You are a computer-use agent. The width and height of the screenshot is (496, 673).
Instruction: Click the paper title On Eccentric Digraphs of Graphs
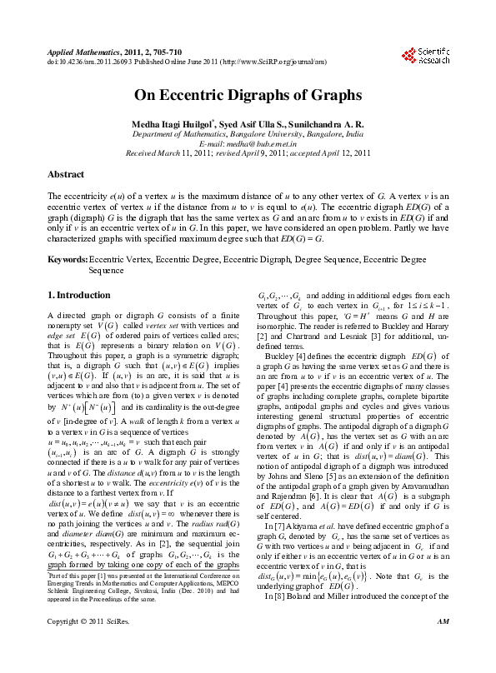click(248, 95)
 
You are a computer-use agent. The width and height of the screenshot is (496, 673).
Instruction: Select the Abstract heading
click(65, 174)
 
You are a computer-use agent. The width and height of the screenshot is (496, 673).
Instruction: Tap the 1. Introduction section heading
click(78, 295)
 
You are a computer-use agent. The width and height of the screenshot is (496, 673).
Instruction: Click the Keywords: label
click(67, 261)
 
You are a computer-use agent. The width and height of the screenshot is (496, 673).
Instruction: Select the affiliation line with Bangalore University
click(248, 134)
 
